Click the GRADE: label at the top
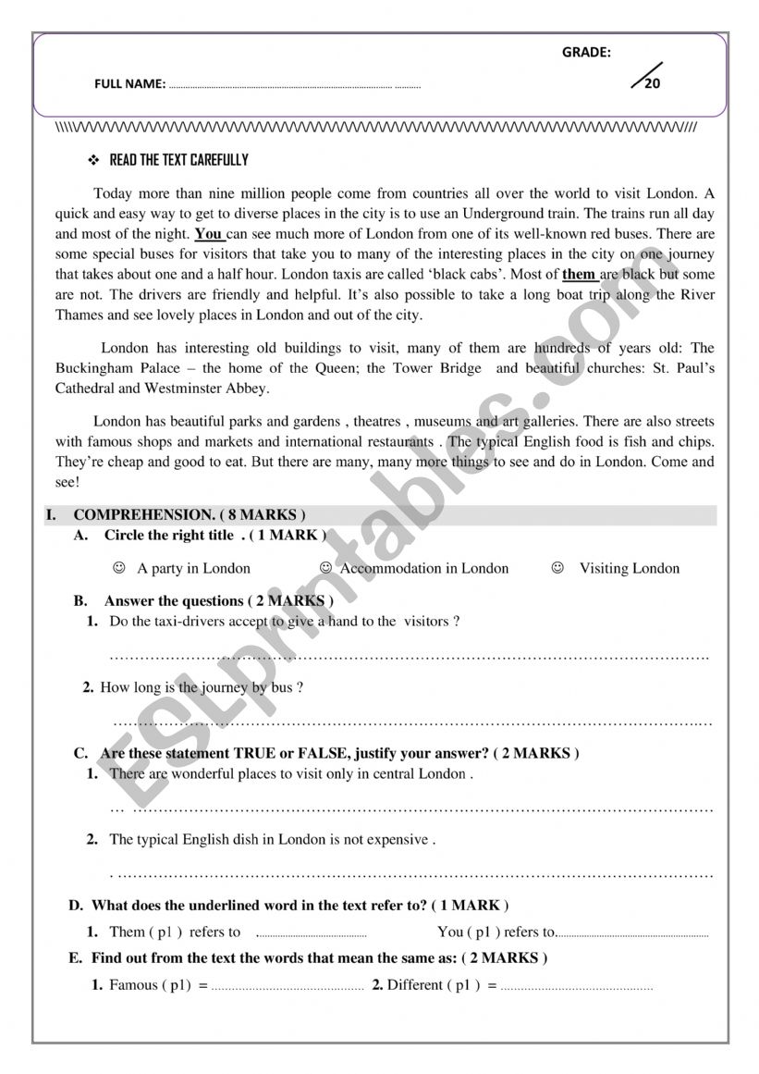tap(586, 53)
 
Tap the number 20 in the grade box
tap(653, 82)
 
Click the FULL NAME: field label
tap(129, 84)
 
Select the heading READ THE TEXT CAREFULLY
tap(178, 160)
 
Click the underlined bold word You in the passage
tap(209, 234)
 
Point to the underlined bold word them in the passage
tap(579, 274)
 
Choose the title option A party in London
tap(193, 568)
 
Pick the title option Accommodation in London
tap(424, 568)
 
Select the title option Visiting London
tap(629, 568)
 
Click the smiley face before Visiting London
tap(557, 568)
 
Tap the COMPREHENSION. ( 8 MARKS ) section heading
tap(190, 514)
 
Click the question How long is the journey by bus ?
tap(202, 687)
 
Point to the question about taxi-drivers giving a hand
tap(284, 622)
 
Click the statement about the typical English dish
tap(272, 840)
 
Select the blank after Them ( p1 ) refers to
tap(311, 933)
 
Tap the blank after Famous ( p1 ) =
tap(288, 986)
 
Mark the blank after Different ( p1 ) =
tap(576, 986)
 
